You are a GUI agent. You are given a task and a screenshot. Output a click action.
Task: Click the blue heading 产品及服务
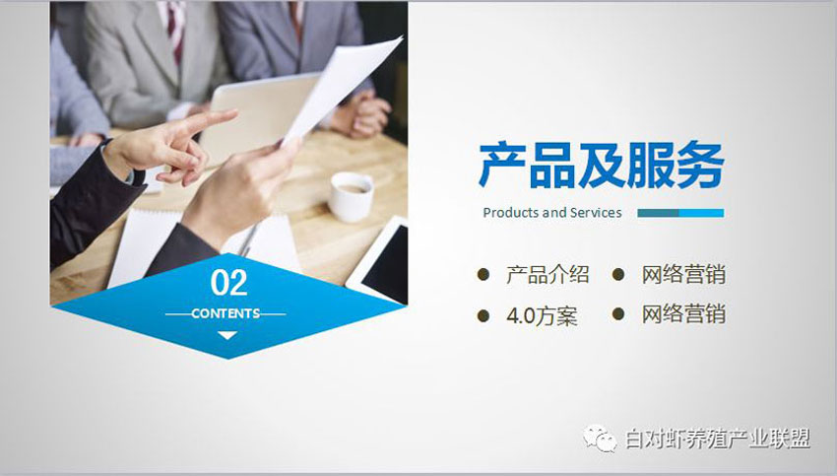click(602, 166)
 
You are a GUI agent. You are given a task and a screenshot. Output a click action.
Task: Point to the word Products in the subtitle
click(511, 213)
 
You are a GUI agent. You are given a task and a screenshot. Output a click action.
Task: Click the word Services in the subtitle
click(596, 213)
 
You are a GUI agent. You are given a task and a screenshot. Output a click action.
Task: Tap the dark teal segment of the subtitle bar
click(658, 213)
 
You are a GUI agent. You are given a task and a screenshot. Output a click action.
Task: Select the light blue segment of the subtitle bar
click(701, 213)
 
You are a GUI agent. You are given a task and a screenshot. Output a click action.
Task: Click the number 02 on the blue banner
click(229, 283)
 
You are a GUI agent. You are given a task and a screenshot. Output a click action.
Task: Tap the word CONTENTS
click(225, 313)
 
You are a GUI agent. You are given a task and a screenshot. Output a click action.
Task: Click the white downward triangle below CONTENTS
click(227, 335)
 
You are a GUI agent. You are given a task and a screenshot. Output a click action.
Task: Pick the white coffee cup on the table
click(351, 196)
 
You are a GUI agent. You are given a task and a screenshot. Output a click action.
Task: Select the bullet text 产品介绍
click(547, 275)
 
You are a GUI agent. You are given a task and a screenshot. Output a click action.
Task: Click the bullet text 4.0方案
click(542, 315)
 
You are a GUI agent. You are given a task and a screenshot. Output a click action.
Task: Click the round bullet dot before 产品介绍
click(483, 275)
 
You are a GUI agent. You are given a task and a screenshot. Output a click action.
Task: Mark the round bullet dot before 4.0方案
click(483, 315)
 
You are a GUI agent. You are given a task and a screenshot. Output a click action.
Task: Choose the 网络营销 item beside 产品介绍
click(683, 275)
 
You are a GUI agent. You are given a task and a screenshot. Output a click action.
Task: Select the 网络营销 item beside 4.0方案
click(683, 314)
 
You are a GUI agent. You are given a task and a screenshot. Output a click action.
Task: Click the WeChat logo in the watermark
click(600, 439)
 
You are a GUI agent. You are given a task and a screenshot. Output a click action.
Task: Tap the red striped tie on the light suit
click(175, 28)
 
